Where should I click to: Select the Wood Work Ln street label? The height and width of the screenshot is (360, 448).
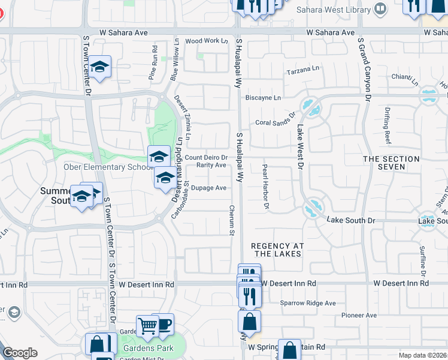[x=207, y=41]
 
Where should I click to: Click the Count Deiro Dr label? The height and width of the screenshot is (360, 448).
[x=206, y=158]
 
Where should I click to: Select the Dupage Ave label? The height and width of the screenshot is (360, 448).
[x=209, y=188]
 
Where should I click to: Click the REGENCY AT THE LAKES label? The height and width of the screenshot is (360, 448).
[x=277, y=250]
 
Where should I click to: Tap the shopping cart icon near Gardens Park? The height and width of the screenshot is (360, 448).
[x=146, y=326]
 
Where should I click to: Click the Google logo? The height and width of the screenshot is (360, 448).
[x=20, y=353]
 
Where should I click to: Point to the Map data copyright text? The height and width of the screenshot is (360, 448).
[x=423, y=355]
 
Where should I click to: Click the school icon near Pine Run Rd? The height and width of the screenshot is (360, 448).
[x=100, y=67]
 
